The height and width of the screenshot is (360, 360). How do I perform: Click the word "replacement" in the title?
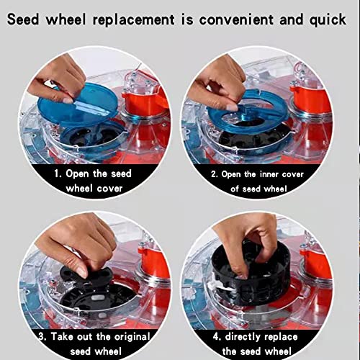click(x=133, y=20)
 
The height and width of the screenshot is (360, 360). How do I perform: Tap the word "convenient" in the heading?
click(x=236, y=19)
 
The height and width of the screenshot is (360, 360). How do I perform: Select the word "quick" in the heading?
click(x=328, y=20)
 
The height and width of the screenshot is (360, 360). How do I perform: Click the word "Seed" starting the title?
click(x=23, y=19)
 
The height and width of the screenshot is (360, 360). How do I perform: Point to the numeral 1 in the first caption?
click(x=56, y=174)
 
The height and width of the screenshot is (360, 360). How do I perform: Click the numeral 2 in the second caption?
click(x=214, y=174)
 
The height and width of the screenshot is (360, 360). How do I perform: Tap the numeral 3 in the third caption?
click(x=42, y=336)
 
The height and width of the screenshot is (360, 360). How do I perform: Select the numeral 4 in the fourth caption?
click(x=216, y=337)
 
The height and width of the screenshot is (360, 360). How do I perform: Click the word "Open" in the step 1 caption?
click(x=77, y=174)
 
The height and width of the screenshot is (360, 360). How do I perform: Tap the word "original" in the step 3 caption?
click(x=132, y=337)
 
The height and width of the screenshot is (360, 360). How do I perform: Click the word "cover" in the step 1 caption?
click(x=109, y=189)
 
